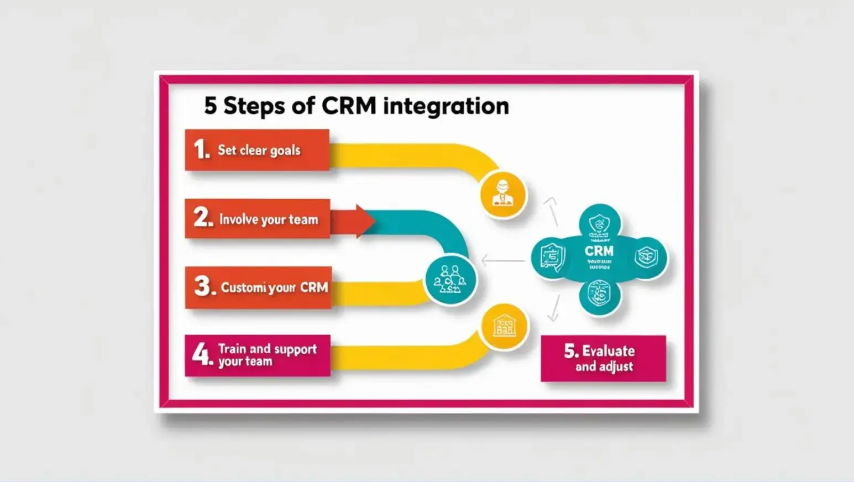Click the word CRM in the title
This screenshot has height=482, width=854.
click(x=348, y=106)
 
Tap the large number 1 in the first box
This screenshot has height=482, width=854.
click(x=200, y=149)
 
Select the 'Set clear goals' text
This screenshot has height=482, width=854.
click(x=259, y=150)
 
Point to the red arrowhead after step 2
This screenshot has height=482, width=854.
click(x=364, y=221)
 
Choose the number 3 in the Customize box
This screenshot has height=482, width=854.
click(x=203, y=286)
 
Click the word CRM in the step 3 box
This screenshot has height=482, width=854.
click(x=313, y=287)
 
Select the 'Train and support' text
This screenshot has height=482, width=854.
click(x=267, y=349)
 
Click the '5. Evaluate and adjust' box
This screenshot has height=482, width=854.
click(x=603, y=358)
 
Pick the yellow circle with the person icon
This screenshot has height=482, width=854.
click(x=503, y=194)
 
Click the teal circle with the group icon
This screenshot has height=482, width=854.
click(x=450, y=280)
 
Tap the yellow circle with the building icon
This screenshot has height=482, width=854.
click(x=503, y=326)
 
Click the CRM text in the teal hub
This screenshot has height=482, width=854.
click(x=599, y=251)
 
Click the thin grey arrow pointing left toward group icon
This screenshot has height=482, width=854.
click(x=502, y=260)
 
